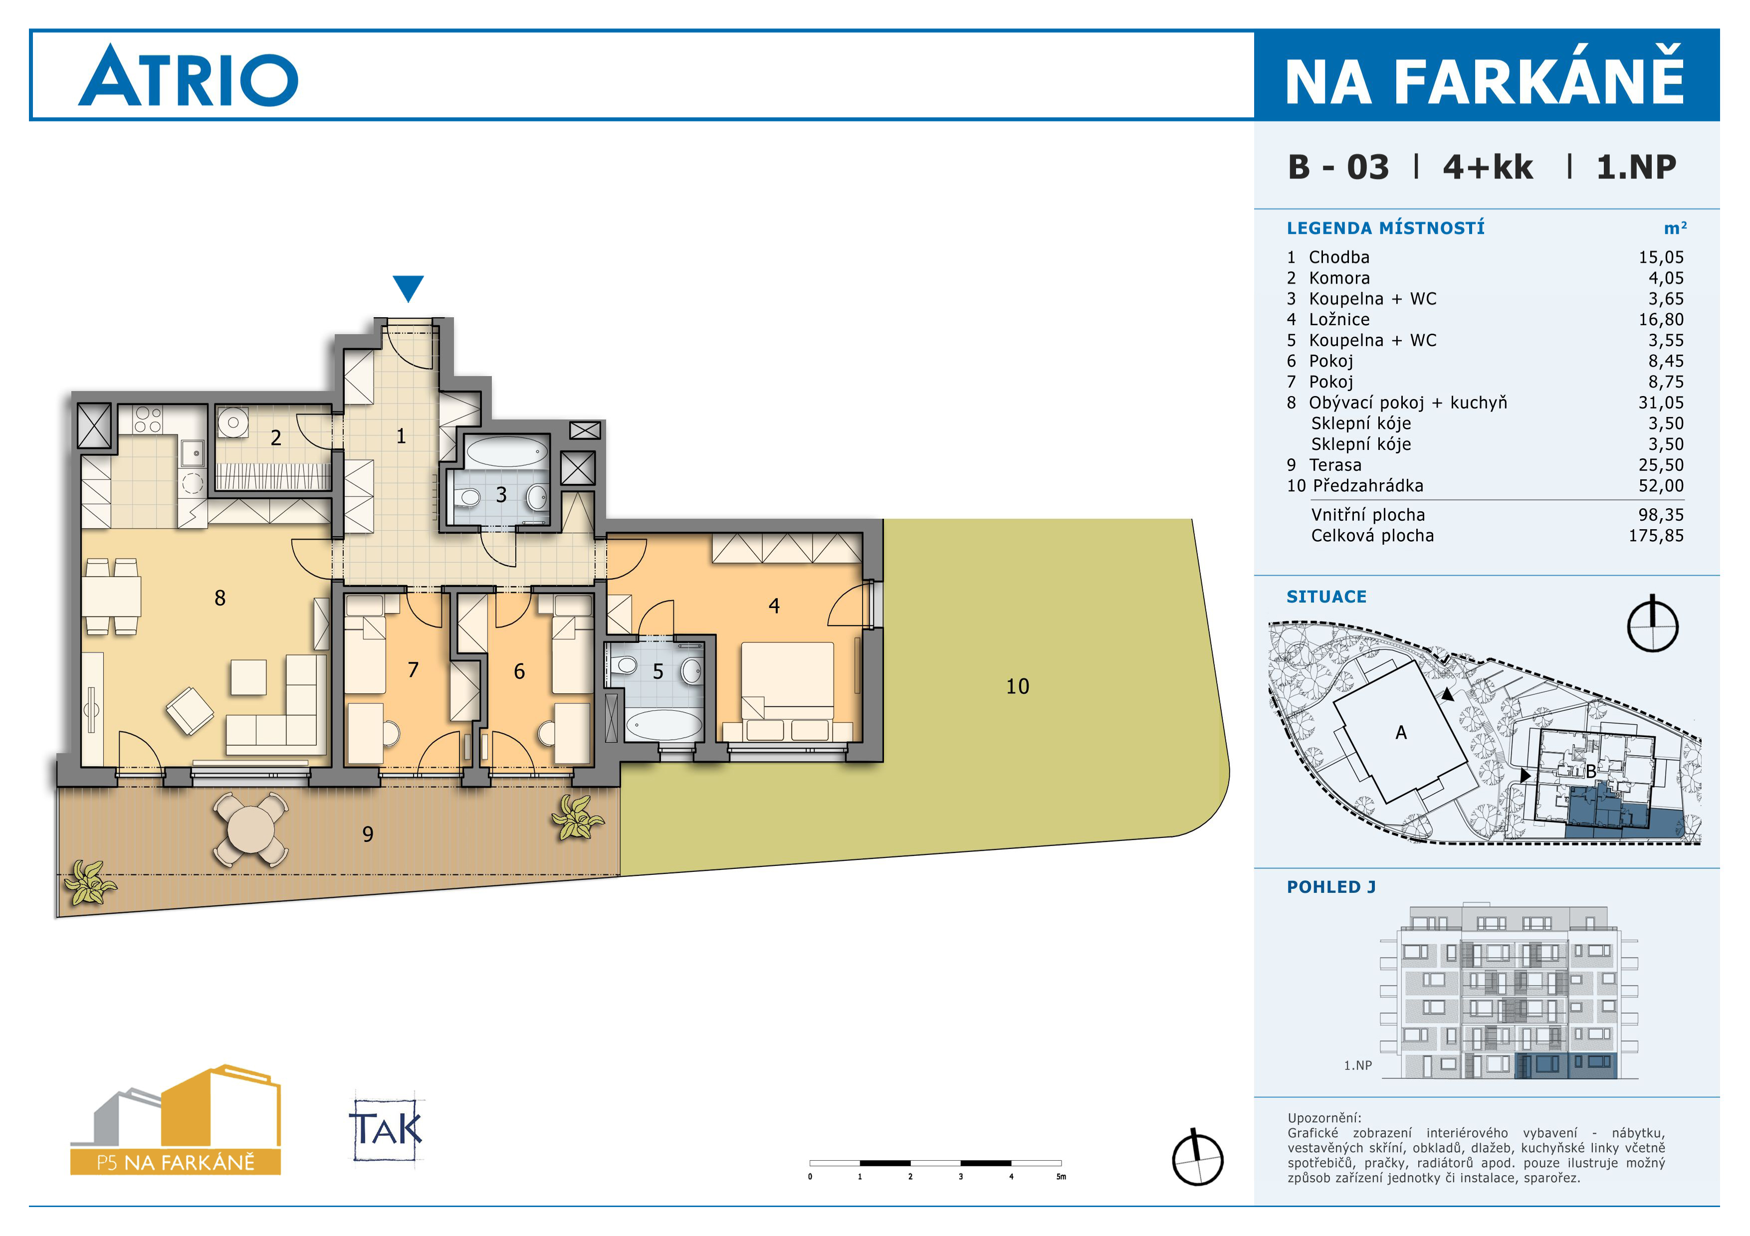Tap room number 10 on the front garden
1018,686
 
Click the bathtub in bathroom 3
507,452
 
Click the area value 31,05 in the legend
1661,403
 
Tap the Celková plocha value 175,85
1656,536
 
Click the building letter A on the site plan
1401,732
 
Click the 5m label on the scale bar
1061,1177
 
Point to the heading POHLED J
1331,887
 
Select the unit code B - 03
1338,167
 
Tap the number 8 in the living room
220,598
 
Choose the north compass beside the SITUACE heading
1652,623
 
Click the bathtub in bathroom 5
663,725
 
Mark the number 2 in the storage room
276,438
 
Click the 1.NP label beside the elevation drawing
1357,1066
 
